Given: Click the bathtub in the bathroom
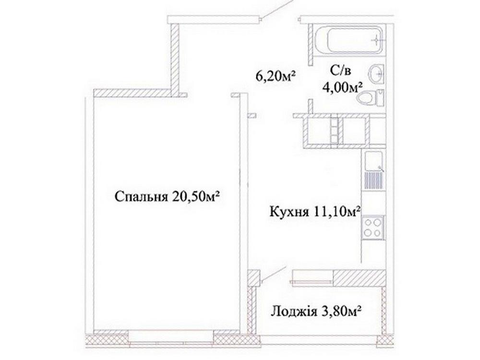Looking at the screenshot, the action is (349, 40).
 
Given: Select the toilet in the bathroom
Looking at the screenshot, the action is (371, 97).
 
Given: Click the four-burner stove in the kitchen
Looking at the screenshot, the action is (372, 227).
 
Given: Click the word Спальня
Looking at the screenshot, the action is (141, 197).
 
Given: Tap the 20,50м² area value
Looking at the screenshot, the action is (196, 196).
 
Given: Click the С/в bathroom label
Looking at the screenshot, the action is (340, 71).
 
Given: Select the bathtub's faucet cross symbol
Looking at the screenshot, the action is (376, 40).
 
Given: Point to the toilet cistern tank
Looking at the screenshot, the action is (380, 97).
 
